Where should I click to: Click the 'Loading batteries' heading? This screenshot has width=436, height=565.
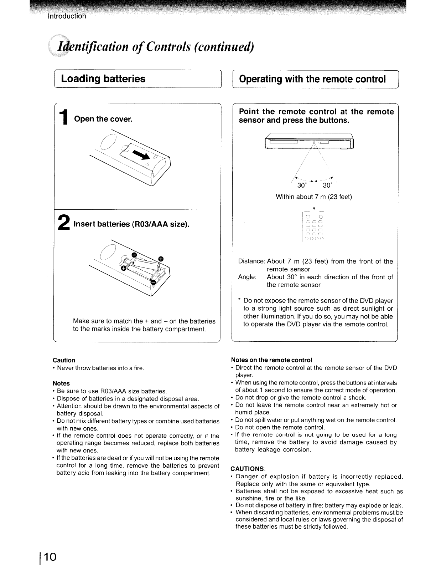click(x=103, y=79)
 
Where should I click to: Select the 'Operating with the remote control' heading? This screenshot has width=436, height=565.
click(x=312, y=79)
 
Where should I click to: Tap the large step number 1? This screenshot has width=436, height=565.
click(x=63, y=117)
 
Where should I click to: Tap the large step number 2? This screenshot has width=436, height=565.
click(x=64, y=222)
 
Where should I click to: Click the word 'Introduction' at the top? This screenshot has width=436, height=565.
click(x=67, y=16)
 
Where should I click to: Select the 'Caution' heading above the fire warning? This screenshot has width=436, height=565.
click(x=64, y=360)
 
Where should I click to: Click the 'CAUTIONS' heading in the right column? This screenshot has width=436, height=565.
click(x=247, y=469)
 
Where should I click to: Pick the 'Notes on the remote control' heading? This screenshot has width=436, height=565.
click(x=271, y=360)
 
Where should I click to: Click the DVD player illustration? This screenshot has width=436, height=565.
click(x=309, y=141)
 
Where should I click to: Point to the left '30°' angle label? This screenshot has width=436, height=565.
click(x=302, y=185)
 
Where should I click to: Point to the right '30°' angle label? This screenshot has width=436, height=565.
click(x=327, y=185)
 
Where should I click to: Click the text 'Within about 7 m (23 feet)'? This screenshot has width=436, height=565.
click(x=314, y=197)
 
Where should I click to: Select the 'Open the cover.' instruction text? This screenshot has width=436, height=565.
click(x=103, y=119)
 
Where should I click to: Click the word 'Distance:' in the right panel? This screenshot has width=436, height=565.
click(x=251, y=261)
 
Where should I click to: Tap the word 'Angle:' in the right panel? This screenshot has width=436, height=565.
click(x=247, y=277)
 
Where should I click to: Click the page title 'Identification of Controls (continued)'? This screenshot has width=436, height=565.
click(x=156, y=47)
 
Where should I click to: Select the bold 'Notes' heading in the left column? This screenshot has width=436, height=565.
click(x=61, y=383)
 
